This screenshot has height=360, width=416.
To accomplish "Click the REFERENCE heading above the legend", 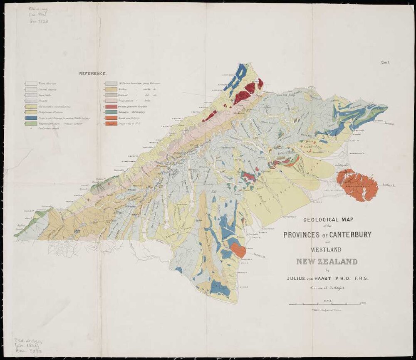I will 93,74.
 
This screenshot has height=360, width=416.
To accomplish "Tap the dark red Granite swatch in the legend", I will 110,106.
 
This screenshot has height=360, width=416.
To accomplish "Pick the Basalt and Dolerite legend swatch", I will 110,118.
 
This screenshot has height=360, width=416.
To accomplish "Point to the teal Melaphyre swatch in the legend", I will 110,112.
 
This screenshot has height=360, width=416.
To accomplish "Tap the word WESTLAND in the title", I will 326,249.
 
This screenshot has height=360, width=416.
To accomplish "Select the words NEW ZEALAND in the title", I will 327,262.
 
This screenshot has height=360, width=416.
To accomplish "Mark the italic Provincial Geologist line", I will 327,288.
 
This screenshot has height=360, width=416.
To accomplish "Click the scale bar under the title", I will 327,305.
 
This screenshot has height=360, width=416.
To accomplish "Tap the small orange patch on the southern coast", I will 238,250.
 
